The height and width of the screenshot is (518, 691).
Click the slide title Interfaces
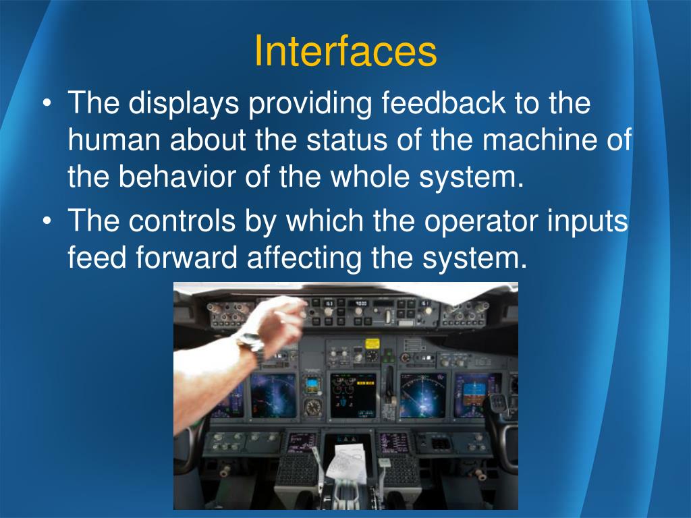click(x=345, y=52)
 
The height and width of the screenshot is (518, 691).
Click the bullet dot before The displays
click(x=46, y=105)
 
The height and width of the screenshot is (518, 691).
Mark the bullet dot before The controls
click(x=46, y=221)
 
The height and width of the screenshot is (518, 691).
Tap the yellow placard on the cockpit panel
click(x=372, y=343)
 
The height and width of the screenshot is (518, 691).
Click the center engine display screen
click(x=352, y=394)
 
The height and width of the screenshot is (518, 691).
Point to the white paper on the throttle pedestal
click(x=348, y=463)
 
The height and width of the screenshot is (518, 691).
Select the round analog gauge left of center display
click(x=312, y=407)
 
